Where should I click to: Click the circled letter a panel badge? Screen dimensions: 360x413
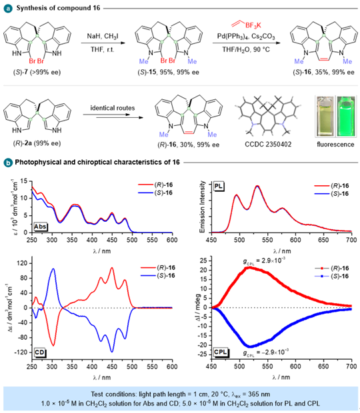coord(8,8)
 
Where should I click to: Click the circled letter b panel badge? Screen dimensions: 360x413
coord(8,163)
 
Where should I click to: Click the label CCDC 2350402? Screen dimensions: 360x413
coord(268,145)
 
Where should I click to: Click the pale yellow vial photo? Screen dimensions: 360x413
coord(325,117)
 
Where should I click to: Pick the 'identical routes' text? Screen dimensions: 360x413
coord(113,108)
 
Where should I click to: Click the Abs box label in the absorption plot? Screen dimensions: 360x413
coord(40,226)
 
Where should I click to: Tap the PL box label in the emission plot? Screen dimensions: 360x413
coord(219,187)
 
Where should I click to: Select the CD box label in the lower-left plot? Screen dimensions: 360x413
coord(40,352)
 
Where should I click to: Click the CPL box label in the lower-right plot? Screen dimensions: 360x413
coord(220,352)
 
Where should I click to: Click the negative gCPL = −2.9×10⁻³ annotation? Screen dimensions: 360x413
coord(265,352)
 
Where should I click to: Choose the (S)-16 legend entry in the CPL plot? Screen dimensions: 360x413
coord(332,276)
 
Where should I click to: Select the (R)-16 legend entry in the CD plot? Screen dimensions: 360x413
coord(157,268)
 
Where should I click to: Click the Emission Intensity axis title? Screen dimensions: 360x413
coord(203,207)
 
